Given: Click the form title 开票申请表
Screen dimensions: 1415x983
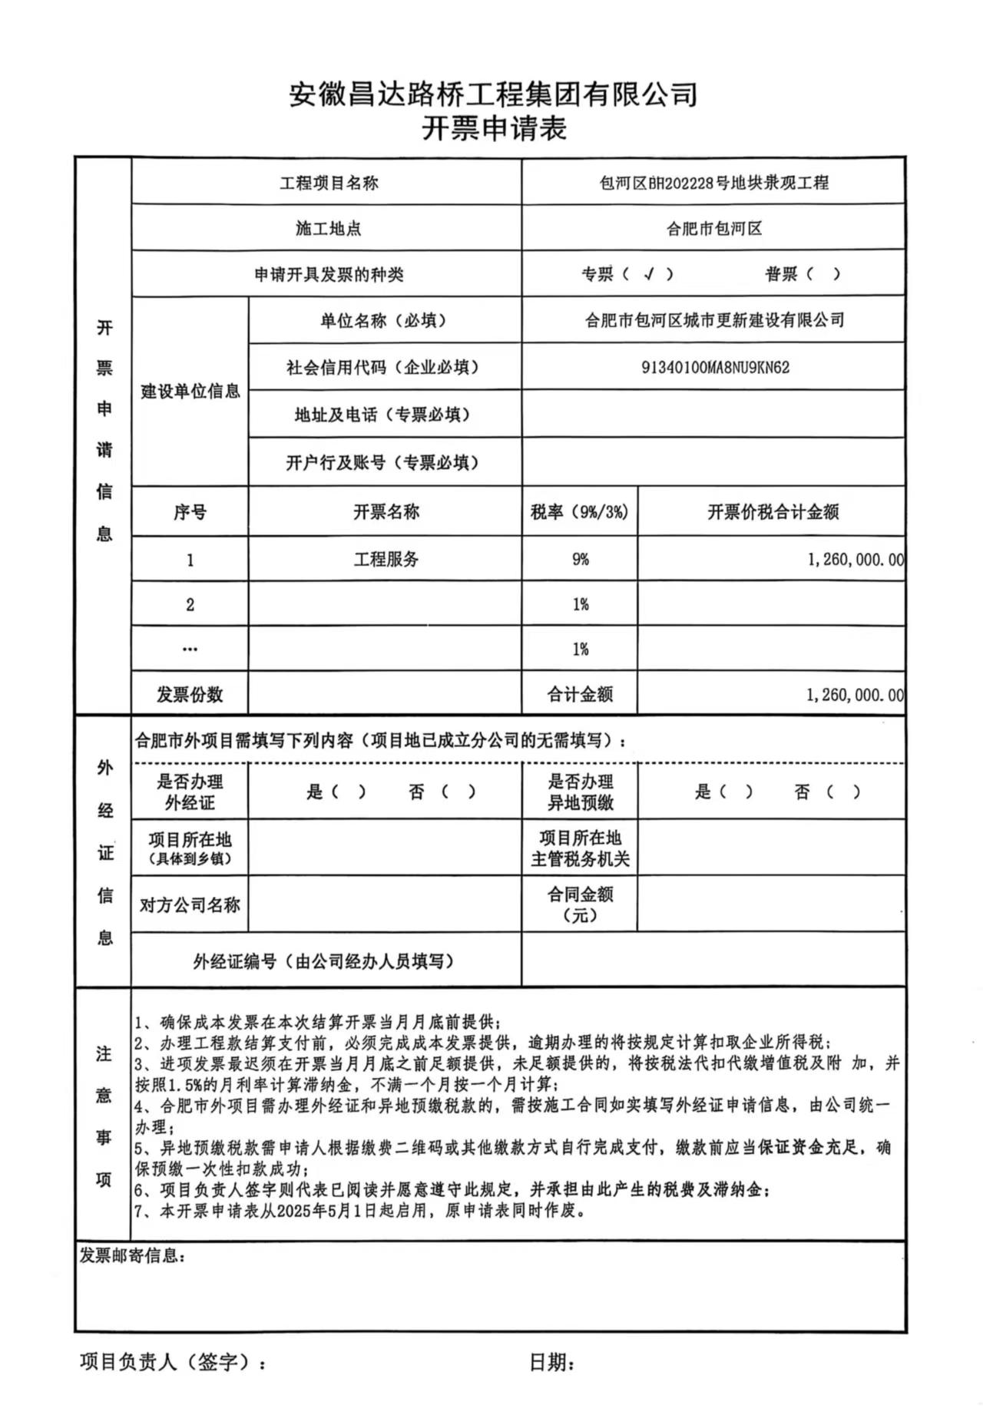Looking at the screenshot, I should (494, 127).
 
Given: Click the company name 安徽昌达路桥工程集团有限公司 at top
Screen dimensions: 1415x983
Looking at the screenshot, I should (493, 94).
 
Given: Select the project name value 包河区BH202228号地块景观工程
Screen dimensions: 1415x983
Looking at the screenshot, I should (713, 183).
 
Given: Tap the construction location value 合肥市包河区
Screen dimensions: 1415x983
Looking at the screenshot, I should (713, 228).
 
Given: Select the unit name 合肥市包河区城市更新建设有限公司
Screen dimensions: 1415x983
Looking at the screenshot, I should (714, 320).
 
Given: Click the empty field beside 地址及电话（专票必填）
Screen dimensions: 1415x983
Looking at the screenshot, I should (713, 415).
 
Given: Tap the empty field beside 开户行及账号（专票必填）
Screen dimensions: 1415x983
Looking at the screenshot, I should (713, 462).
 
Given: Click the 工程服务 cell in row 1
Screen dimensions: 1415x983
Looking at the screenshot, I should (386, 559).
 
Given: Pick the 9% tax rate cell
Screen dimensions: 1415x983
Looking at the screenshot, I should (580, 559).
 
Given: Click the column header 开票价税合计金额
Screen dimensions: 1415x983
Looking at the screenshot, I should (772, 512).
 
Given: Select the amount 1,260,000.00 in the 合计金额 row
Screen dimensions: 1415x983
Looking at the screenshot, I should (854, 695).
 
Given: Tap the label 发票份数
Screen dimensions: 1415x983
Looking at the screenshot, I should (190, 695).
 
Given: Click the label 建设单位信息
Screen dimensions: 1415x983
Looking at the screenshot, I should (190, 392).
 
